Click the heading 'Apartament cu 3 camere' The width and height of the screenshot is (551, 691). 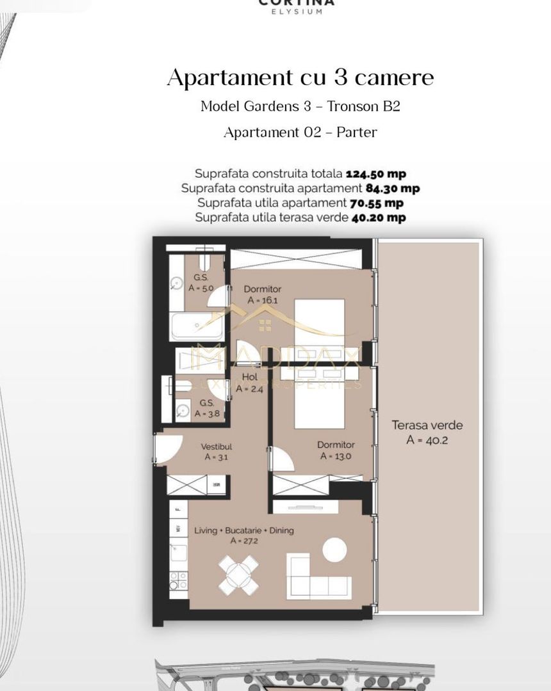300,78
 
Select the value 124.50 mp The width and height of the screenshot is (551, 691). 375,173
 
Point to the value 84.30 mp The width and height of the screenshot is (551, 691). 393,188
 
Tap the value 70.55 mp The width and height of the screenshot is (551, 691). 376,203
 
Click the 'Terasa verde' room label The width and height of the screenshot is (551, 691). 427,425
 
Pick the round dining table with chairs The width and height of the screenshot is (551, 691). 238,575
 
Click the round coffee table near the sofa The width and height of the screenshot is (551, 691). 334,549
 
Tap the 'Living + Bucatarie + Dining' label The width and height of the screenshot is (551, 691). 244,530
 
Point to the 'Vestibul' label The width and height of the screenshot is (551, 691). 216,447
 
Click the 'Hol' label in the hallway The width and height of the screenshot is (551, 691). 249,377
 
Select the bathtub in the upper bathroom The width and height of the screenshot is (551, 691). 197,327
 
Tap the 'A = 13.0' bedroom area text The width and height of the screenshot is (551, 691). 335,456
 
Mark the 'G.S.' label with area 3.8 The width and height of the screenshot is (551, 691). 206,403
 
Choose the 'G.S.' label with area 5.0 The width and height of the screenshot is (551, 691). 201,278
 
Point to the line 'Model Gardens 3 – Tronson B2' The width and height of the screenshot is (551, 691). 300,106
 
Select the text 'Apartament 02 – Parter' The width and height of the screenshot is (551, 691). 300,132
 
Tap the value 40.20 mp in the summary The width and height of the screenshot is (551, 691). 378,218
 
